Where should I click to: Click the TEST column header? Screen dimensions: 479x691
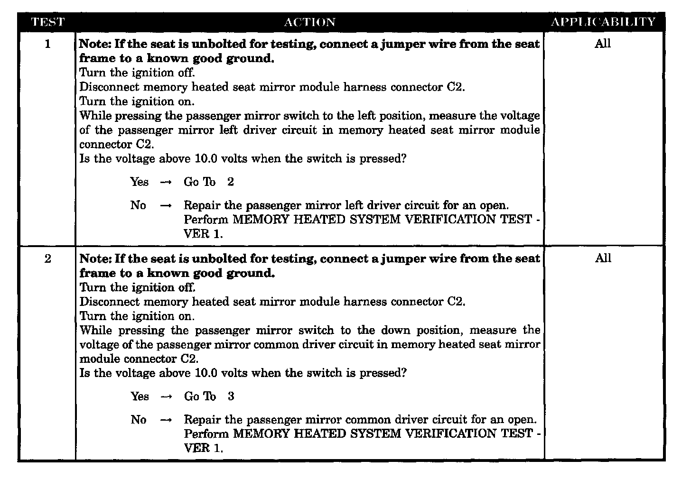[x=47, y=22]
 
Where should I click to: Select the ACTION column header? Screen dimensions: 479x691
[x=309, y=22]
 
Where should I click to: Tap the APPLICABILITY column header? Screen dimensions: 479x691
[x=603, y=22]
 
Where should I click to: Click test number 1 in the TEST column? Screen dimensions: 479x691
[x=47, y=44]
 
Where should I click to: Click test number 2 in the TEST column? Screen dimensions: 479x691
[x=47, y=259]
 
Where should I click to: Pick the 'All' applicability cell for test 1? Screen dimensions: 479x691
[x=603, y=44]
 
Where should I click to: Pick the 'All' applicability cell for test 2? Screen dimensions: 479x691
[x=603, y=258]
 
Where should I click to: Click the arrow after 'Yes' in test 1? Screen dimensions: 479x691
[x=166, y=183]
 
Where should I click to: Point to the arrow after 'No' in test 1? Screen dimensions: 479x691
[x=166, y=206]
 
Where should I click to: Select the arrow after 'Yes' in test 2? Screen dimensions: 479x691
[x=166, y=397]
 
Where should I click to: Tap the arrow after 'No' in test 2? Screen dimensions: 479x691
[x=166, y=420]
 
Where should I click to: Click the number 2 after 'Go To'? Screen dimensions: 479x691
[x=230, y=182]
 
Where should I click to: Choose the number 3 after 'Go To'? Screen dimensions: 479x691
[x=231, y=396]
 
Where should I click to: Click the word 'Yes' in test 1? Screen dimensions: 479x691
[x=140, y=182]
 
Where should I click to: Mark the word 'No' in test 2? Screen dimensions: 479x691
[x=138, y=420]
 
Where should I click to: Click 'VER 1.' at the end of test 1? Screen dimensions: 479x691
[x=203, y=234]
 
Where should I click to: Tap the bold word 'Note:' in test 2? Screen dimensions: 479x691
[x=95, y=258]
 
